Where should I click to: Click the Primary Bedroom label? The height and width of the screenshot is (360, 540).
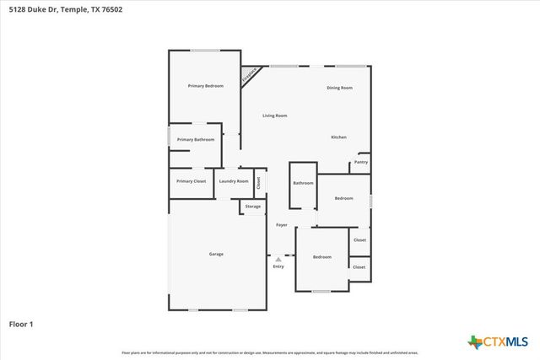[205, 86]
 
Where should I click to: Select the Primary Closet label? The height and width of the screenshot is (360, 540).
[191, 181]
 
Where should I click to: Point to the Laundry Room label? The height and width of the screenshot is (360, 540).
[234, 181]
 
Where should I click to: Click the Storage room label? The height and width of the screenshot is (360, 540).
[253, 206]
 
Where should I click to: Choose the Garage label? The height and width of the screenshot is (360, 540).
[216, 254]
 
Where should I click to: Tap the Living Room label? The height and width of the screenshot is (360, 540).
[275, 116]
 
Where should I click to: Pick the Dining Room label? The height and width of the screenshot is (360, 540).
[339, 88]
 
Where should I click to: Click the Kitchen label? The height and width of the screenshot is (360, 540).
[338, 137]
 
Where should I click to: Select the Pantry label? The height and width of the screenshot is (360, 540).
[361, 162]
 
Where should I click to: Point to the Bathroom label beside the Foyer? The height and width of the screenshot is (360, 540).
[303, 183]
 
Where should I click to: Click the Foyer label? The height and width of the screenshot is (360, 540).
[282, 225]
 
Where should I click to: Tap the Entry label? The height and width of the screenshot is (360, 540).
[278, 266]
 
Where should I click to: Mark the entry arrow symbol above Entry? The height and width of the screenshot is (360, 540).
[278, 260]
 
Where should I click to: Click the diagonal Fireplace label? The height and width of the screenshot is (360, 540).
[250, 75]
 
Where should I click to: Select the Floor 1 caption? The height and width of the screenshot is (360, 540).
[21, 323]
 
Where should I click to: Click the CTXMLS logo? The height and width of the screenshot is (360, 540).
[498, 341]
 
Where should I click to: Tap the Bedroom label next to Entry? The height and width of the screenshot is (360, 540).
[322, 256]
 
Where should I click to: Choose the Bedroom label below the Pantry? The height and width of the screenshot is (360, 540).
[343, 198]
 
